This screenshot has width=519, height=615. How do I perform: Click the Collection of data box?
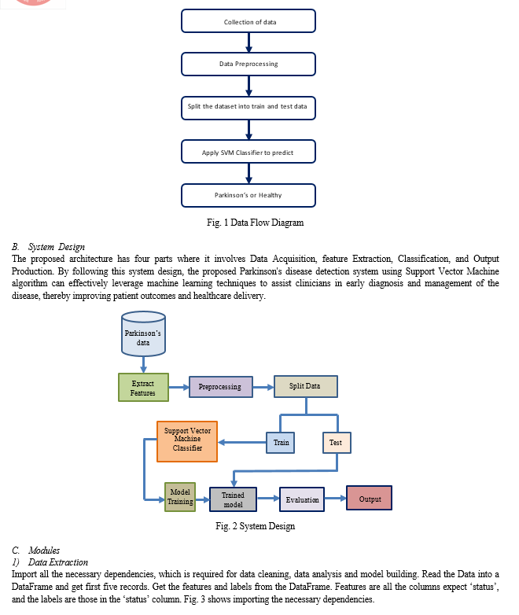[x=248, y=21]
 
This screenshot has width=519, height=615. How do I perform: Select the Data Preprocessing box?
[x=248, y=64]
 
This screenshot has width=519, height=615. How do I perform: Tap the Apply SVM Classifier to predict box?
[x=248, y=152]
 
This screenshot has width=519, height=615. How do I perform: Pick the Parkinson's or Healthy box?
[x=248, y=195]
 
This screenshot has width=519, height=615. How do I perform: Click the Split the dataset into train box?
[x=248, y=108]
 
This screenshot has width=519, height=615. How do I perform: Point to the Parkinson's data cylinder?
[x=143, y=333]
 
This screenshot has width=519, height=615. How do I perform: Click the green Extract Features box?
[x=144, y=388]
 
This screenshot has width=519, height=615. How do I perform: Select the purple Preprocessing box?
[x=221, y=387]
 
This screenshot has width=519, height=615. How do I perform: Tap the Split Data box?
[x=306, y=386]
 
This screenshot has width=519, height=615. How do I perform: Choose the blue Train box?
[x=281, y=443]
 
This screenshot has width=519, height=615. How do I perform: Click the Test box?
[x=337, y=443]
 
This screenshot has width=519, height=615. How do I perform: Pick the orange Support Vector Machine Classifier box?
[x=187, y=442]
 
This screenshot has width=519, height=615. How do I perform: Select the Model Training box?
[x=180, y=497]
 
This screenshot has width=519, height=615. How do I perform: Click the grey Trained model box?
[x=233, y=499]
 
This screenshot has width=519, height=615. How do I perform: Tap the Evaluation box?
[x=302, y=499]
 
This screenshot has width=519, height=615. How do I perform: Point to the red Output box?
[x=369, y=498]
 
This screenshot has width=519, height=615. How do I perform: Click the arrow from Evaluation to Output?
[x=336, y=498]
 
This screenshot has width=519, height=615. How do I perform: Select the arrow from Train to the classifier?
[x=241, y=443]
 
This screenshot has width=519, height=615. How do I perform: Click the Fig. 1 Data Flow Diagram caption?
[x=256, y=223]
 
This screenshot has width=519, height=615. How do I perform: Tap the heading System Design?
[x=57, y=247]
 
